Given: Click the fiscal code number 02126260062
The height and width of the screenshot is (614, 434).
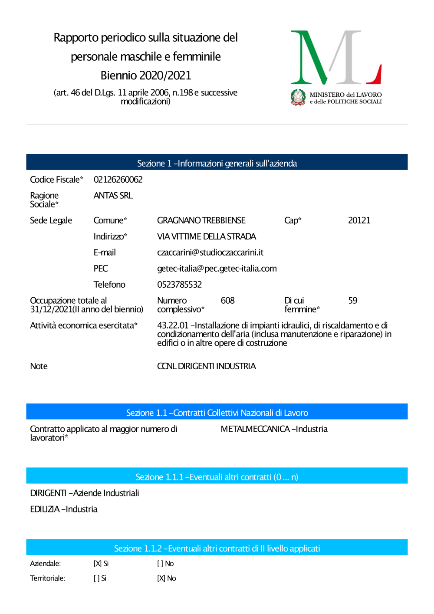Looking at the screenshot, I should click(x=118, y=180).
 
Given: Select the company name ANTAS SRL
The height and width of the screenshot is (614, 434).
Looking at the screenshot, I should click(x=113, y=196).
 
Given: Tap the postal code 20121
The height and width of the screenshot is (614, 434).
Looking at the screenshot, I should click(x=359, y=220).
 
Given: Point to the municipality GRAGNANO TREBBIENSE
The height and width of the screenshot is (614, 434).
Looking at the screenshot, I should click(x=201, y=220).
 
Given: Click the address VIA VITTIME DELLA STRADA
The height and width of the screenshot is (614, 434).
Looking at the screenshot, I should click(x=206, y=236).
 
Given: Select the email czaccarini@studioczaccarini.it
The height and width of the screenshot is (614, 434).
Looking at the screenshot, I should click(x=210, y=253).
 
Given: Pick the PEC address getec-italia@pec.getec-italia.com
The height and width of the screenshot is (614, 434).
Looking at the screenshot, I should click(x=217, y=269).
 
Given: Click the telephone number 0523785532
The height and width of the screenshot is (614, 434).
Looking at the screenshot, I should click(x=179, y=285).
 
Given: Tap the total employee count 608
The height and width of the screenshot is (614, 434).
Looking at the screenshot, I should click(x=227, y=301).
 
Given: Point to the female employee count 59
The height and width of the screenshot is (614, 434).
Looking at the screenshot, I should click(x=352, y=301).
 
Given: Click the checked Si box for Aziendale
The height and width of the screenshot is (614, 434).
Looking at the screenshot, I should click(x=98, y=564).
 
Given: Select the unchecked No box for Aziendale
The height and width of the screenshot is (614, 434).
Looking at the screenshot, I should click(x=160, y=564).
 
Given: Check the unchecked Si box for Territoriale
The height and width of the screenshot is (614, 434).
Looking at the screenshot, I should click(x=97, y=578).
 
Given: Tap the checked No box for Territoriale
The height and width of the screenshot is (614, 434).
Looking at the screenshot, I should click(x=161, y=578).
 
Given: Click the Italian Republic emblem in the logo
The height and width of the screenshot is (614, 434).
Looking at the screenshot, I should click(x=298, y=98).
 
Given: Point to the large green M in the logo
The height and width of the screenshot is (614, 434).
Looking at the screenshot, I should click(x=309, y=57).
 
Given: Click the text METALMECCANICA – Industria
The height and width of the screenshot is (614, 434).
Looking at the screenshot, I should click(x=274, y=429).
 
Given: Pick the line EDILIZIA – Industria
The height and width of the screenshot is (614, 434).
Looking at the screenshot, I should click(x=64, y=509).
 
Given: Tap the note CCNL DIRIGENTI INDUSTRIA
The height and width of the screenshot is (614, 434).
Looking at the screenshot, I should click(x=206, y=366).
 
